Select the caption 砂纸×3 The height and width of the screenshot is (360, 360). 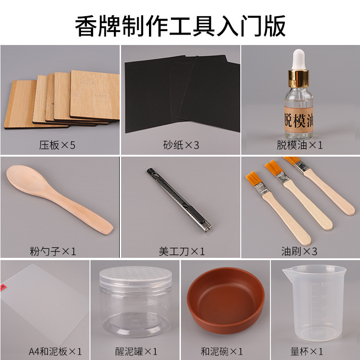coord(180,145)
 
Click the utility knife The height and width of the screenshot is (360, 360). coord(180,201)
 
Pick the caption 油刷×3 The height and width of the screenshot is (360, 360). coord(299,251)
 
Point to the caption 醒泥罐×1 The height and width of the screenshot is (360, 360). coord(136,351)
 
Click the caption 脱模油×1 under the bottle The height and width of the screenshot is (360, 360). coord(300,145)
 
